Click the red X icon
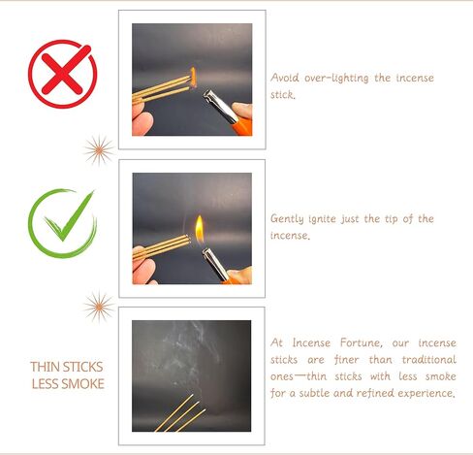(62, 74)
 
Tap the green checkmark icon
(62, 222)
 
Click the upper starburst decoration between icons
(97, 149)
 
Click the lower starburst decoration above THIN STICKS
(97, 307)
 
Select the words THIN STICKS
(66, 367)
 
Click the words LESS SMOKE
(66, 383)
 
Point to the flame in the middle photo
(198, 229)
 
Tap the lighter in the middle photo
(217, 262)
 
